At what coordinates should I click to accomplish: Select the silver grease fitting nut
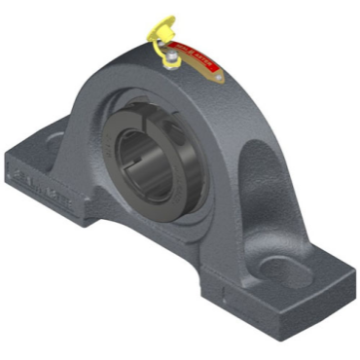(x=170, y=60)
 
